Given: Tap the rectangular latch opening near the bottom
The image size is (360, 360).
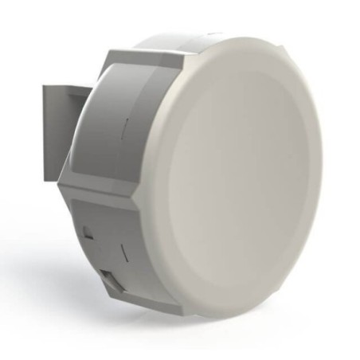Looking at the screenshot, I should (x=112, y=281).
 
